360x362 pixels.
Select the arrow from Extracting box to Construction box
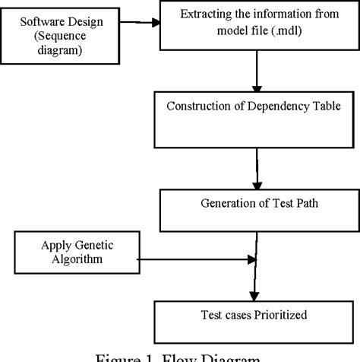pos(257,75)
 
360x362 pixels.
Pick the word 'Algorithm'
pos(71,259)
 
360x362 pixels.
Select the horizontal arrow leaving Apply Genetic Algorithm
pos(190,261)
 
